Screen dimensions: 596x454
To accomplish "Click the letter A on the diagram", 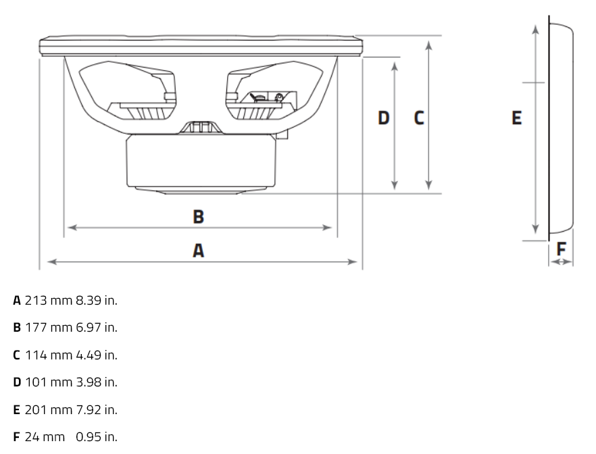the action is click(199, 251).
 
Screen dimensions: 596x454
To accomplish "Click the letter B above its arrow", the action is click(199, 217).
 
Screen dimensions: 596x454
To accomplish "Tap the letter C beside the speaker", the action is click(419, 118).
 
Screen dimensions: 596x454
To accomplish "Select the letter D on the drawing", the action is click(384, 118).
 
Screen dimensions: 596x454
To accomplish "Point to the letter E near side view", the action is click(516, 118).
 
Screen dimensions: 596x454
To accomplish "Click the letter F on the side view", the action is click(561, 249).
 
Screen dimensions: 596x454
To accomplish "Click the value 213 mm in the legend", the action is click(48, 301).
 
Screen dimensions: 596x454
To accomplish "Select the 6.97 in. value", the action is click(97, 328).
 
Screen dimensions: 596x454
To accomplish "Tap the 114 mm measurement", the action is click(48, 355).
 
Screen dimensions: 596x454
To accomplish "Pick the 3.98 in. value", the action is click(97, 382).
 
